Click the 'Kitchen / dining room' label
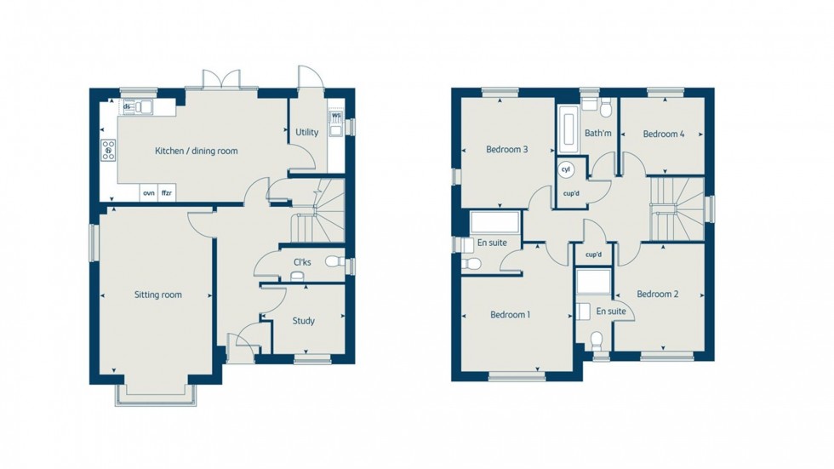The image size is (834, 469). (x=196, y=151)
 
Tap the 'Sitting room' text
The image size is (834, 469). (x=158, y=295)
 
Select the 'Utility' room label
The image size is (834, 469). (x=306, y=133)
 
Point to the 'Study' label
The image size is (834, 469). (x=303, y=321)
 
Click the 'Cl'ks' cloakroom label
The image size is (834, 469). (x=302, y=262)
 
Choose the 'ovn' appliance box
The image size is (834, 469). (x=149, y=193)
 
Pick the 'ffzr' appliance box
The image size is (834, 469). (x=167, y=193)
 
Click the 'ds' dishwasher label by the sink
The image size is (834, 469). (x=128, y=106)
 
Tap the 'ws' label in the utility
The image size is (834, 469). (x=336, y=116)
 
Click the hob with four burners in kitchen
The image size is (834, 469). (x=109, y=151)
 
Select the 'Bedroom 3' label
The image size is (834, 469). (x=507, y=150)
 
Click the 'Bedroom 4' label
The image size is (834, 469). (x=663, y=134)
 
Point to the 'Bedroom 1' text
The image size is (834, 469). (x=511, y=315)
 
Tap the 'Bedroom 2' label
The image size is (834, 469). (x=658, y=295)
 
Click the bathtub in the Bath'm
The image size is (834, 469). (x=568, y=129)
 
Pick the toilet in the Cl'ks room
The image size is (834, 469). (x=334, y=262)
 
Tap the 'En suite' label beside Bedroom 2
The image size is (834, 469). (x=610, y=312)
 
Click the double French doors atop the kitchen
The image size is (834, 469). (x=224, y=79)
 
